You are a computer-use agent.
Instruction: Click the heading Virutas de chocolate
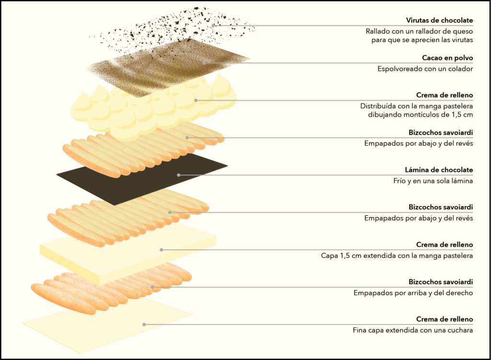coord(439,20)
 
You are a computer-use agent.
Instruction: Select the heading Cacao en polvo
coord(447,58)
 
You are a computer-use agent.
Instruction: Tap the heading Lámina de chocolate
coord(439,170)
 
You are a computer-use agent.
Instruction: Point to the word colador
coord(460,69)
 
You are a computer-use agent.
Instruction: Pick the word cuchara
coord(460,330)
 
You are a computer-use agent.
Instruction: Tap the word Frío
coord(399,181)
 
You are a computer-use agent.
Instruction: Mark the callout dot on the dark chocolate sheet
coord(178,175)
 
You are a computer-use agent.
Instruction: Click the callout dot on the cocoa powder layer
coord(204,63)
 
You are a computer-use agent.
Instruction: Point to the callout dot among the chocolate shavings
coord(213,25)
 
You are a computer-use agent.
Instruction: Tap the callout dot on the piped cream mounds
coord(196,101)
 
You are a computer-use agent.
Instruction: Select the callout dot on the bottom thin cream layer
coord(144,325)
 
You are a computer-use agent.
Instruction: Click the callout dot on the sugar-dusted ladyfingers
coord(152,287)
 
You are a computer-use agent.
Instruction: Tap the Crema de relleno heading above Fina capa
coord(444,319)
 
